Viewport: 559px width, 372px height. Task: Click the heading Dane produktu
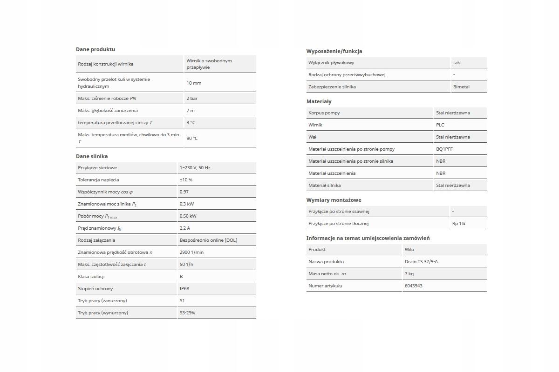pos(95,49)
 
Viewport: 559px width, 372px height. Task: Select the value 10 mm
pos(194,83)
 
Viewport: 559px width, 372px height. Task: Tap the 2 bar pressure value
pos(192,99)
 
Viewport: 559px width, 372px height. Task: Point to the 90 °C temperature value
pos(192,138)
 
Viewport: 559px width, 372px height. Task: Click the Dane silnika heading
pos(92,156)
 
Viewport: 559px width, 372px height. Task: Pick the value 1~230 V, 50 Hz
pos(195,167)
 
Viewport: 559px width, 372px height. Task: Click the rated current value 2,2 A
pos(185,228)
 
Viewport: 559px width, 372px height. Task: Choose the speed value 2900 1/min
pos(191,252)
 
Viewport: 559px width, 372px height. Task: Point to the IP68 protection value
pos(184,288)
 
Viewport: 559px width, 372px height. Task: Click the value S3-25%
pos(187,312)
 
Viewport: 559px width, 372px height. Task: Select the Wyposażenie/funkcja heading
pos(334,51)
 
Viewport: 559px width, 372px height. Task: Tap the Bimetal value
pos(461,86)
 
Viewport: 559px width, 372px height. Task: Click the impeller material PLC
pos(440,125)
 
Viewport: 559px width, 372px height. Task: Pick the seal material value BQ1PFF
pos(444,149)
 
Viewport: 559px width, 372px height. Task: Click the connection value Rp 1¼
pos(459,223)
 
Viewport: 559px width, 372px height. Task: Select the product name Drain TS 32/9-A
pos(421,261)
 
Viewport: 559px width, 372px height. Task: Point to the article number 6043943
pos(414,286)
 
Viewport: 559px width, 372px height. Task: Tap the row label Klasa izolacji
pos(91,276)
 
